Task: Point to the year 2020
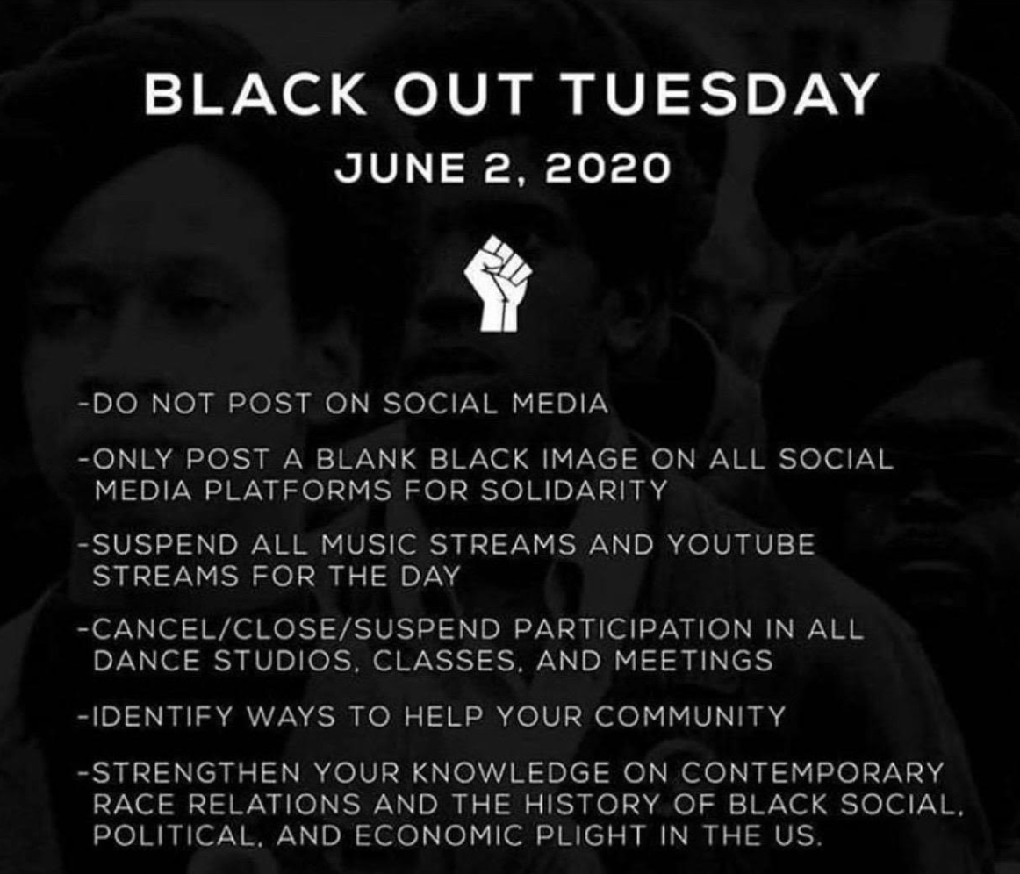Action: (607, 168)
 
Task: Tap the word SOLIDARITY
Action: (581, 488)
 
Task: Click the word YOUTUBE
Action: (740, 545)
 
